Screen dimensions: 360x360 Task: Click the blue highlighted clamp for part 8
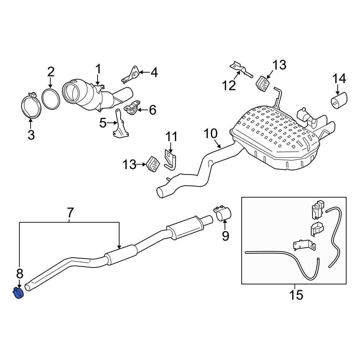click(18, 293)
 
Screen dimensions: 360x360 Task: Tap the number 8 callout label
click(19, 274)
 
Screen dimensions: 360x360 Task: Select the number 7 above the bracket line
click(70, 213)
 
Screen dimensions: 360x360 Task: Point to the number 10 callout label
click(211, 134)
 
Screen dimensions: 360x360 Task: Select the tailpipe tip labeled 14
click(338, 100)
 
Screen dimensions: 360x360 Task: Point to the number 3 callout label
click(31, 135)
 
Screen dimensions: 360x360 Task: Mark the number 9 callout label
click(225, 236)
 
